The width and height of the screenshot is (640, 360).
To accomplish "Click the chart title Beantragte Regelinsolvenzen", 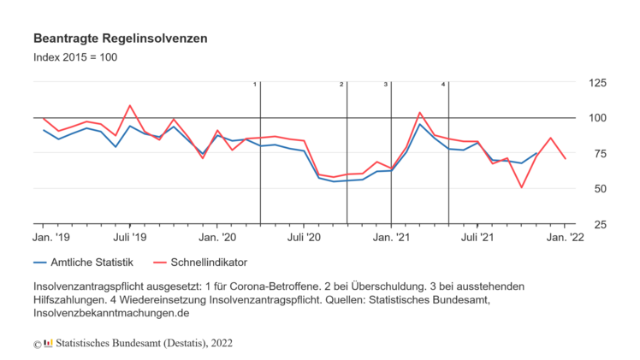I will pyautogui.click(x=120, y=39).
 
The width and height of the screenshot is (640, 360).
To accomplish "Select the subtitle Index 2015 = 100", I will pyautogui.click(x=75, y=57).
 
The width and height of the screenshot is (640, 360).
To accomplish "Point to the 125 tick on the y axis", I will pyautogui.click(x=595, y=82).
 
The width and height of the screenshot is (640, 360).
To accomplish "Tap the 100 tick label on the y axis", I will pyautogui.click(x=595, y=118).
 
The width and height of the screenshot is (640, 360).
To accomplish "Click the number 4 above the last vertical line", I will pyautogui.click(x=443, y=84).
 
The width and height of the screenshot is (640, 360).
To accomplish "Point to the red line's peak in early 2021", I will pyautogui.click(x=419, y=113).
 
